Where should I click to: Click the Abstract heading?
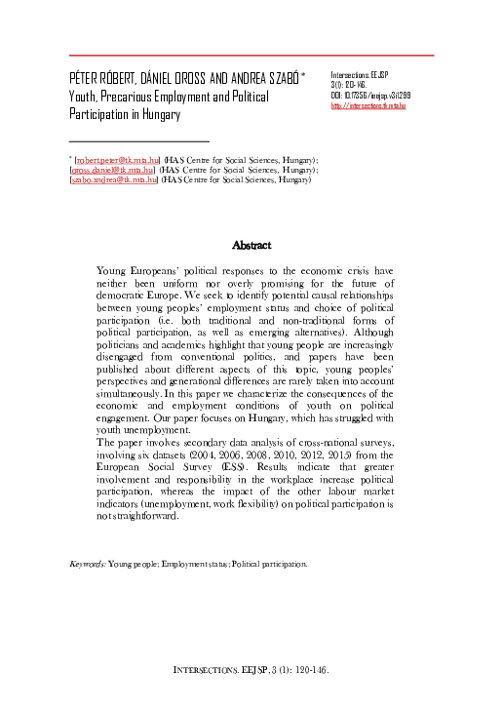tap(251, 246)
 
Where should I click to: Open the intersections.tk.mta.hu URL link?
tap(368, 105)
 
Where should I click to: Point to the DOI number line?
tap(370, 96)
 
